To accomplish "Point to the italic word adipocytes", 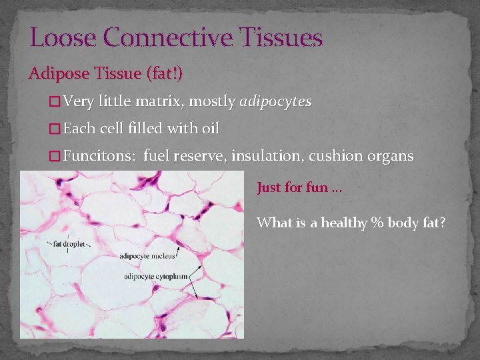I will [x=275, y=102].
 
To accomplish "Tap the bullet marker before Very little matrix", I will [x=55, y=102].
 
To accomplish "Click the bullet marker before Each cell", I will [x=55, y=129].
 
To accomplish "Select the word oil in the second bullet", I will [x=209, y=129].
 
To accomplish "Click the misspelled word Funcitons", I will [x=99, y=156].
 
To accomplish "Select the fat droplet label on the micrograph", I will [x=69, y=244].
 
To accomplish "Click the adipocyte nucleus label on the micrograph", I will [x=147, y=255].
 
